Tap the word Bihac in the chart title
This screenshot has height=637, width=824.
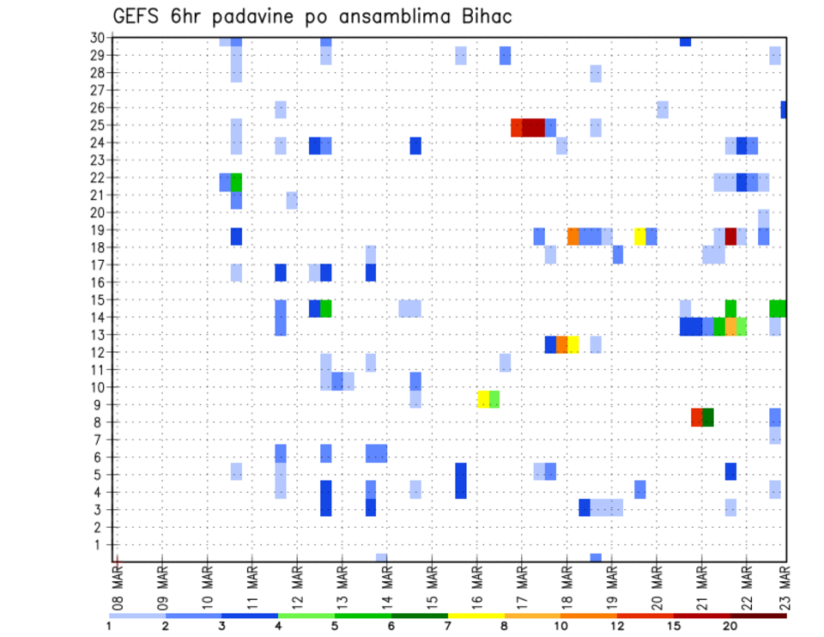tap(488, 17)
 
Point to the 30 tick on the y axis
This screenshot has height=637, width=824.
tap(98, 38)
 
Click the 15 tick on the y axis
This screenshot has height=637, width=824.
tap(98, 300)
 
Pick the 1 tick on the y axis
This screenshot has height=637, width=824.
tap(101, 544)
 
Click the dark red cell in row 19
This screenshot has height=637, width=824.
tap(730, 235)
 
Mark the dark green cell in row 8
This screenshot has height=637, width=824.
tap(708, 417)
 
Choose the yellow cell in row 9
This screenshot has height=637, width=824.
tap(483, 399)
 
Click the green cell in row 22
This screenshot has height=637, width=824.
tap(236, 182)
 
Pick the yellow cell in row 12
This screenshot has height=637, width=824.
tap(573, 344)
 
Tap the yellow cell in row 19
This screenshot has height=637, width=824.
tap(640, 235)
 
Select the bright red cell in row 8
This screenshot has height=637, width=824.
tap(697, 417)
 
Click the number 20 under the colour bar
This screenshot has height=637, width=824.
tap(730, 626)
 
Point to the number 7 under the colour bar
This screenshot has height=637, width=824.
tap(448, 626)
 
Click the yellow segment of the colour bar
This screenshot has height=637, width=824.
tap(476, 616)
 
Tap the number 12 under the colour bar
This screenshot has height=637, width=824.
tap(617, 626)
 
